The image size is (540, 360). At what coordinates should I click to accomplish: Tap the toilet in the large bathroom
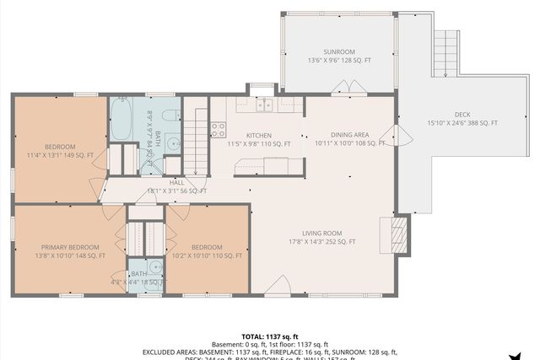pos(170,117)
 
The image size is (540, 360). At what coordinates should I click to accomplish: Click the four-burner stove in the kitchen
pos(218,130)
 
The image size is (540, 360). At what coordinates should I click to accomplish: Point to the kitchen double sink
pos(264,105)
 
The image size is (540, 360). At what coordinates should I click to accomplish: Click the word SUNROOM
pos(337,51)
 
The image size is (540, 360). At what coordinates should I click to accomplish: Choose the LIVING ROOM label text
pos(321,233)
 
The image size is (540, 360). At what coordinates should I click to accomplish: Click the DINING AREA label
pos(349,134)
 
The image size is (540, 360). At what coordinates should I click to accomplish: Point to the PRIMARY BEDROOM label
pos(70,246)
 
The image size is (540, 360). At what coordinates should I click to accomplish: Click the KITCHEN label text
pos(258,135)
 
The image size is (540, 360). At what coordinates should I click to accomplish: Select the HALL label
pos(176,181)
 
